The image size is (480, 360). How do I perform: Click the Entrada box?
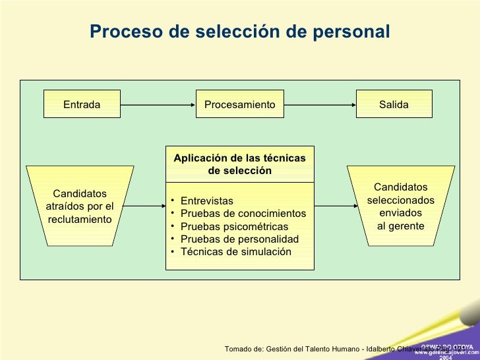(82, 105)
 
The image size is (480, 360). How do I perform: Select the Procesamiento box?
(239, 105)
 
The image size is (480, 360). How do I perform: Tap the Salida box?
(394, 105)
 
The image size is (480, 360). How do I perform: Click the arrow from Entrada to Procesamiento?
(158, 105)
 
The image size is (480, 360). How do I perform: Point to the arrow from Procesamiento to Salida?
(319, 105)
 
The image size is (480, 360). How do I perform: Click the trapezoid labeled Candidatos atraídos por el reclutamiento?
(80, 206)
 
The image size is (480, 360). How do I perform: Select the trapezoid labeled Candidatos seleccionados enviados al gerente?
(400, 206)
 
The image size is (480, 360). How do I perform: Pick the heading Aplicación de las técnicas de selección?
(239, 164)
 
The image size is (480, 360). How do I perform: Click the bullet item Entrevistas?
(206, 200)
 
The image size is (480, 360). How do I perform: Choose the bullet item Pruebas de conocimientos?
(243, 214)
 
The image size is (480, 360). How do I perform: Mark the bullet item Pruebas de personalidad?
(239, 239)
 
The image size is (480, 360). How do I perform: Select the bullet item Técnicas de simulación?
(235, 251)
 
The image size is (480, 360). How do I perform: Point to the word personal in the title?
(355, 31)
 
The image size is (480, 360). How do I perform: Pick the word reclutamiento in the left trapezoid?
(80, 219)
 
